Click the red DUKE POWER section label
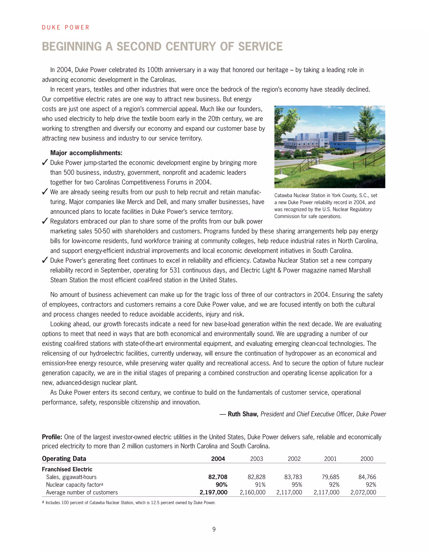[65, 27]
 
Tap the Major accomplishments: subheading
[86, 153]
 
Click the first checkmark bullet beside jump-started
[45, 162]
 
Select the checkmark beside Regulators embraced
[45, 221]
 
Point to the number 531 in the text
[175, 270]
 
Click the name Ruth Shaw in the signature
[242, 414]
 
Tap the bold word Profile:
[52, 437]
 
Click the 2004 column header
[218, 459]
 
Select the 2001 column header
[330, 459]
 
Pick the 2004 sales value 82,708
[218, 477]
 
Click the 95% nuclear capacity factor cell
[297, 485]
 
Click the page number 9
[214, 529]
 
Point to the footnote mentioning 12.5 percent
[130, 503]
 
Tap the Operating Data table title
[64, 459]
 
